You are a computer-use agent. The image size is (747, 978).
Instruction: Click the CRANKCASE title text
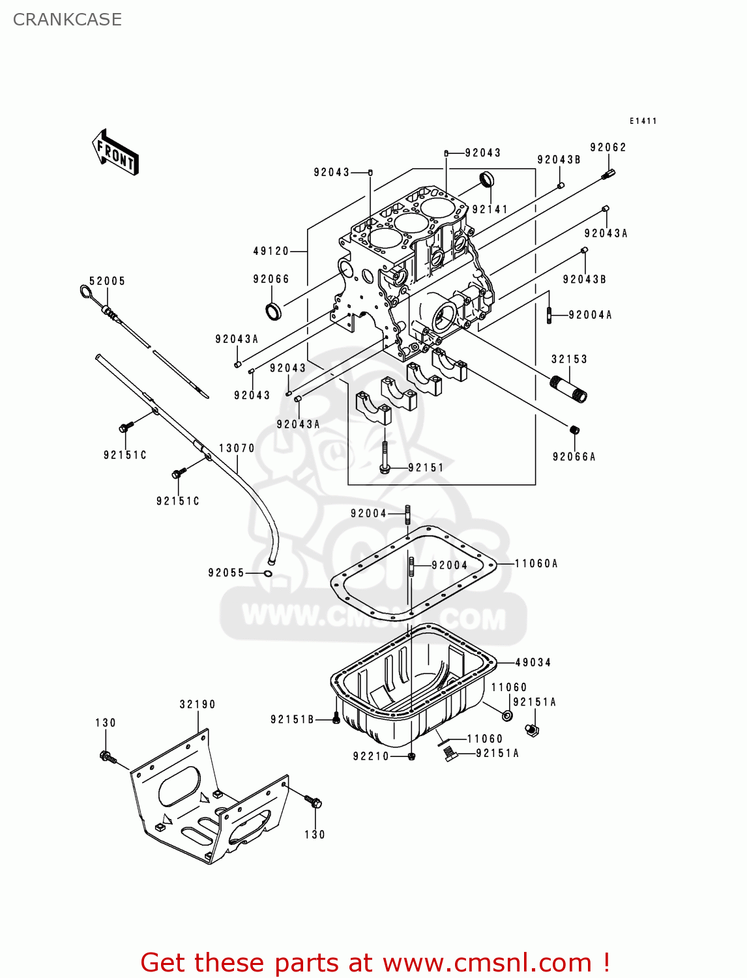(67, 20)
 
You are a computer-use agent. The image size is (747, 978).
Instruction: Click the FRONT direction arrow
(115, 153)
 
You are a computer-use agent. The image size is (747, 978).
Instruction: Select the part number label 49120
(271, 251)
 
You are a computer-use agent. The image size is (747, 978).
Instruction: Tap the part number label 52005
(107, 281)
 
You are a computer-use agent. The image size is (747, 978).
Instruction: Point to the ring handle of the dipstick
(85, 291)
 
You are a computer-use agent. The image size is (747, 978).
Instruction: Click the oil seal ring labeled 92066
(274, 312)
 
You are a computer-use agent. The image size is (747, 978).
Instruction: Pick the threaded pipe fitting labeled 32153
(569, 390)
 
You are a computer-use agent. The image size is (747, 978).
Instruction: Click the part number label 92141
(490, 209)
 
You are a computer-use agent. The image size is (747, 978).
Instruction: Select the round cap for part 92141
(487, 178)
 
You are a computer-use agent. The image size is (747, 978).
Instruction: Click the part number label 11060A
(536, 563)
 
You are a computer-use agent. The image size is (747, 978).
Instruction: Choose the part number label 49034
(533, 662)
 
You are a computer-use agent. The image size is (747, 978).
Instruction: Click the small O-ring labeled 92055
(268, 573)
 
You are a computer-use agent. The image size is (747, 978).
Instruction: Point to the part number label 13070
(237, 448)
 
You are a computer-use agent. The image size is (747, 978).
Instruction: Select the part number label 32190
(198, 704)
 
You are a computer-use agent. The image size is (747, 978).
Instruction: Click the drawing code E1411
(643, 121)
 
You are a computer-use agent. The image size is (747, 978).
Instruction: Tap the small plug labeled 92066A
(574, 430)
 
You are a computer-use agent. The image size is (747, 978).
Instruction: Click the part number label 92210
(371, 756)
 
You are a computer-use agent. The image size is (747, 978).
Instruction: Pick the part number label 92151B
(292, 719)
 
